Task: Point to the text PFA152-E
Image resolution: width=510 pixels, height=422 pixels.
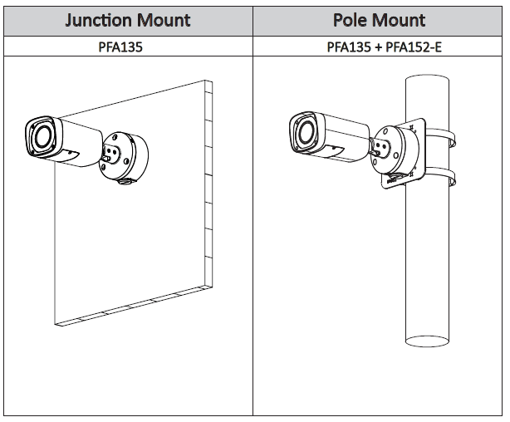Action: pyautogui.click(x=412, y=47)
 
